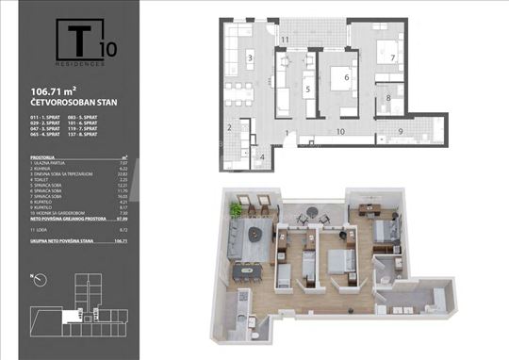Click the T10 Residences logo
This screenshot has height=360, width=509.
tap(82, 42)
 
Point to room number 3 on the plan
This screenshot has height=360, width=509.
tap(250, 58)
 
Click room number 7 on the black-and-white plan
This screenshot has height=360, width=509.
tap(393, 57)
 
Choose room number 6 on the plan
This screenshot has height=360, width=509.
tap(346, 78)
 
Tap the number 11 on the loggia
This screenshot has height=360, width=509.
tap(285, 39)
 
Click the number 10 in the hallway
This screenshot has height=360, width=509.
tap(339, 133)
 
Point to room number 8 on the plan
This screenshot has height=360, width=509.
tap(389, 97)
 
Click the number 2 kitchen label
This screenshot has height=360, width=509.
tap(229, 127)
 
